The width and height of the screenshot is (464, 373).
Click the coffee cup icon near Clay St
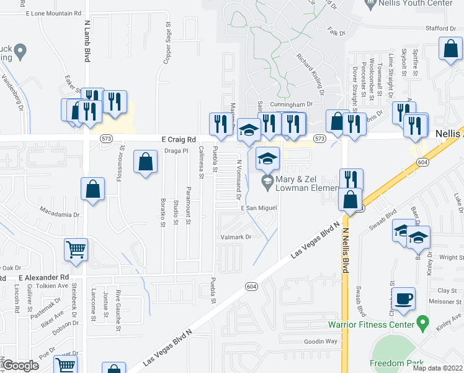pos(404,298)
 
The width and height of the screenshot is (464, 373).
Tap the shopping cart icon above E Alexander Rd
pos(76,250)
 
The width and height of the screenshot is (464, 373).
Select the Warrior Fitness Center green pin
pos(423,323)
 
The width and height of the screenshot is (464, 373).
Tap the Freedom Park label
pos(396,363)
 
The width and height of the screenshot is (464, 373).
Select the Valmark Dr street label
pos(236,237)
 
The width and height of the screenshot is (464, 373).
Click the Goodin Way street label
pos(321,341)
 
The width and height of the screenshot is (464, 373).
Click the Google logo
pos(20,366)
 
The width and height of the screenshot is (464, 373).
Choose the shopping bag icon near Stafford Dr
pos(450,50)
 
